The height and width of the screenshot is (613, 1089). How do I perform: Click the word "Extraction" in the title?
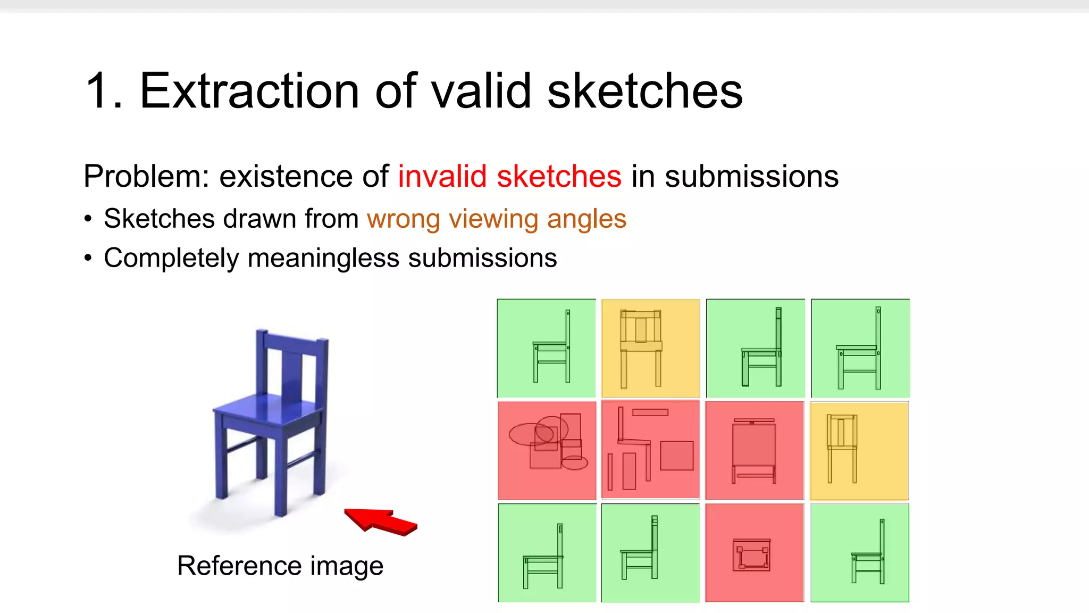(249, 91)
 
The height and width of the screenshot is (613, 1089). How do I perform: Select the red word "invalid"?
(442, 177)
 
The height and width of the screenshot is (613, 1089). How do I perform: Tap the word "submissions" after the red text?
(751, 177)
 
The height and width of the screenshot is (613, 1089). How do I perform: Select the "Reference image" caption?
(280, 565)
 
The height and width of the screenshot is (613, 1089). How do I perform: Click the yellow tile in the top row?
(650, 348)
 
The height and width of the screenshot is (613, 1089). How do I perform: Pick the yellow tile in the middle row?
(859, 451)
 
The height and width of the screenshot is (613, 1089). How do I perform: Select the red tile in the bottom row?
(754, 553)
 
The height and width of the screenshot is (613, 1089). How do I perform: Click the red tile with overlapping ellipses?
(547, 450)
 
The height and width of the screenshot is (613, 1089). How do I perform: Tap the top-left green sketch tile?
(546, 348)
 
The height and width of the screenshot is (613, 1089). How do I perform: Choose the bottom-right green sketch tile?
(859, 553)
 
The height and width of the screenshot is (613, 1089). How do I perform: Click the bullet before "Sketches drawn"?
(88, 219)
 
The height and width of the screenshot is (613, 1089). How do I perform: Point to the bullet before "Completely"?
(88, 259)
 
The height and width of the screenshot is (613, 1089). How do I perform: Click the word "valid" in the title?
(481, 91)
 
